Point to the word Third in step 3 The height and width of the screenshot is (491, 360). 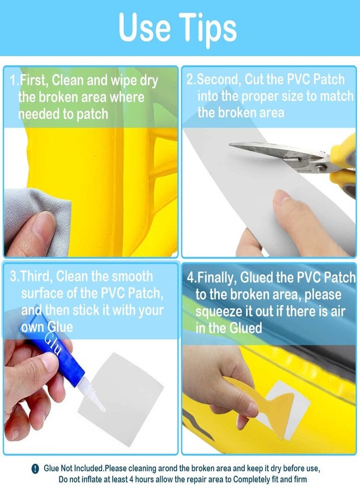point(37,276)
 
